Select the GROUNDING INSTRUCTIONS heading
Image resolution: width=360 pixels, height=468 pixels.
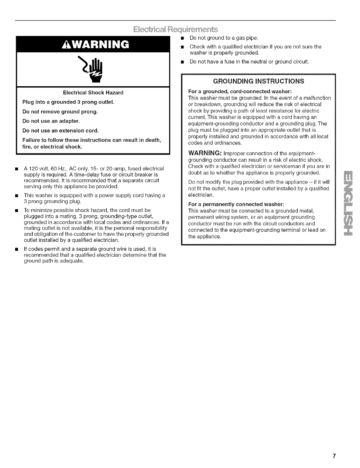(x=258, y=81)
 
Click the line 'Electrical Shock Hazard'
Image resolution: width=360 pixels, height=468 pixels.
(x=93, y=92)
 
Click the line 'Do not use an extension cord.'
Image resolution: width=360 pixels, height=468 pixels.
(x=61, y=131)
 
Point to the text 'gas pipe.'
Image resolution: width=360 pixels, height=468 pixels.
(x=248, y=38)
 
